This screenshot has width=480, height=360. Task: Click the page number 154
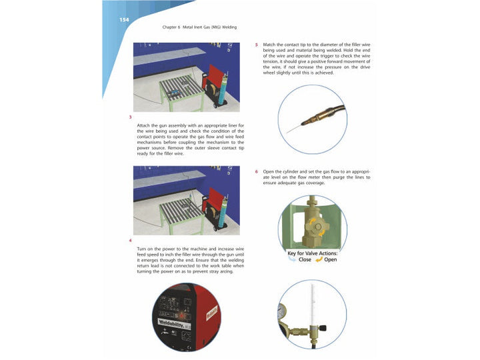124,19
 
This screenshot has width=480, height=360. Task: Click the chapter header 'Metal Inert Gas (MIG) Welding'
199,27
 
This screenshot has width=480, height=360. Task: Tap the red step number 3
130,117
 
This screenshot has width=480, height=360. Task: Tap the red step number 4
130,239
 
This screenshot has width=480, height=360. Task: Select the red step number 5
257,45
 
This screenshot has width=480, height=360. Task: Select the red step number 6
257,171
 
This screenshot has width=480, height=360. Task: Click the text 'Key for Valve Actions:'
312,253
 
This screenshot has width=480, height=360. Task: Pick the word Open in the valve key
329,260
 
